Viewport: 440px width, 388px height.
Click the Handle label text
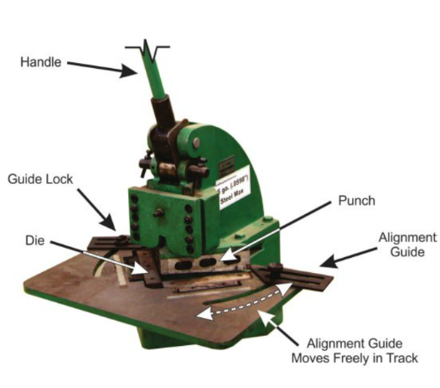(x=41, y=62)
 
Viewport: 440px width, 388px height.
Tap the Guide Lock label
(x=40, y=179)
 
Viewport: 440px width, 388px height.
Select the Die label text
(x=35, y=240)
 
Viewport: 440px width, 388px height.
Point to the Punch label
(x=356, y=201)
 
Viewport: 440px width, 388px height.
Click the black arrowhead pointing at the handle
(x=128, y=71)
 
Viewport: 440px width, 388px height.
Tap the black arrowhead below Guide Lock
(x=109, y=223)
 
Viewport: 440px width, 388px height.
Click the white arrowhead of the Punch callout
(x=229, y=254)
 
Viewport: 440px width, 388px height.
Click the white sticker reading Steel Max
(x=234, y=186)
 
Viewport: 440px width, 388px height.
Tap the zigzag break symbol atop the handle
(x=148, y=50)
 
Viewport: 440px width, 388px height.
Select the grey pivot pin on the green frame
(x=196, y=143)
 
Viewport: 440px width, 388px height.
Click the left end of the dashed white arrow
(x=197, y=315)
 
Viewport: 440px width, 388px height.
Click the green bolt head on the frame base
(x=267, y=219)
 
